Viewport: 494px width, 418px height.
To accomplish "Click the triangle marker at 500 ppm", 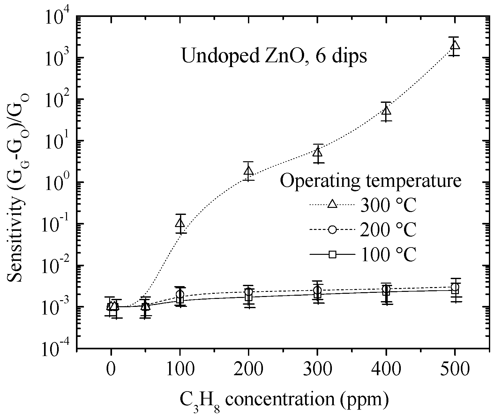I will [x=455, y=45].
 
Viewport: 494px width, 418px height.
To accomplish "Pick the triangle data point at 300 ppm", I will [x=318, y=152].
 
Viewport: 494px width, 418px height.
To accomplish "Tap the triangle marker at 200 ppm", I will [x=249, y=171].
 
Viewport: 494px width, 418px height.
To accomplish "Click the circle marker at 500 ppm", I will [x=455, y=287].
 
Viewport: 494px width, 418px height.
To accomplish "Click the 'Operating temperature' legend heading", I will [x=370, y=181].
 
